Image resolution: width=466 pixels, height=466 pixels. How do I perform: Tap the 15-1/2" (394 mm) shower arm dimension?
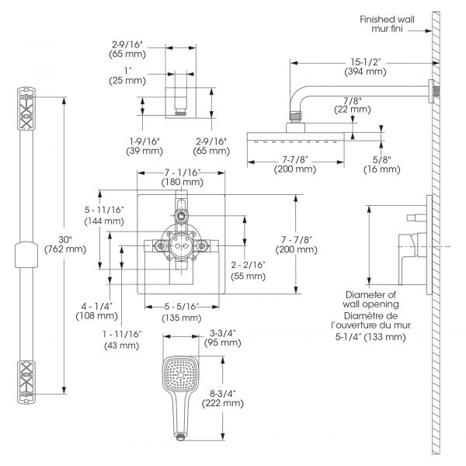click(364, 64)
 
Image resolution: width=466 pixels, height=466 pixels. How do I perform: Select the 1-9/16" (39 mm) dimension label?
click(144, 144)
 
